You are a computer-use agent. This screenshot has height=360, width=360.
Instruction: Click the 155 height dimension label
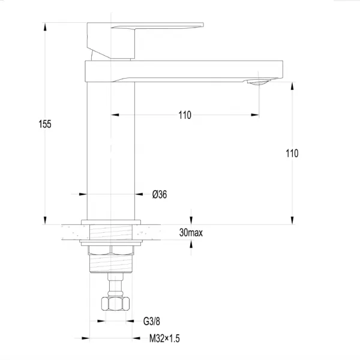click(x=45, y=124)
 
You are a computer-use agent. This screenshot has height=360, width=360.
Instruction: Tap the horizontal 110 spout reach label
click(x=185, y=115)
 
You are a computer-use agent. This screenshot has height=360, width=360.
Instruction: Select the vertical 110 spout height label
click(x=292, y=153)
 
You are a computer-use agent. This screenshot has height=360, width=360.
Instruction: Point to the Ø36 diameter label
click(x=160, y=194)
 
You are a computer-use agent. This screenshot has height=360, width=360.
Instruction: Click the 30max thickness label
click(x=191, y=233)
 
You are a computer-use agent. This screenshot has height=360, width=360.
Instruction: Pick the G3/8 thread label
click(x=152, y=321)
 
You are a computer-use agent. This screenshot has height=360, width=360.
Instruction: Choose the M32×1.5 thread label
click(x=164, y=338)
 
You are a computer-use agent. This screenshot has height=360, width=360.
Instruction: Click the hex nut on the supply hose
click(x=115, y=304)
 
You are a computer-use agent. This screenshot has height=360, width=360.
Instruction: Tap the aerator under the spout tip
click(x=259, y=82)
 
